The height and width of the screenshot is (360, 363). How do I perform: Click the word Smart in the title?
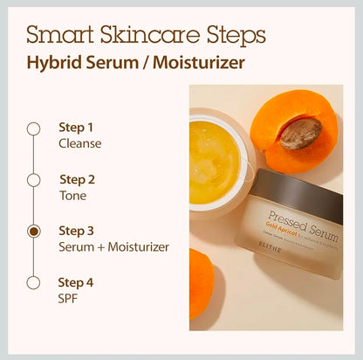57,35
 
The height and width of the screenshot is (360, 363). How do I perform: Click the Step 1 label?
76,127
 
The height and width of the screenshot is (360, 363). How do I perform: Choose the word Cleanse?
80,142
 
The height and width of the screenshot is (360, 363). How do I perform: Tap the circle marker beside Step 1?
33,128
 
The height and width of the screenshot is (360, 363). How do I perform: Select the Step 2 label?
77,179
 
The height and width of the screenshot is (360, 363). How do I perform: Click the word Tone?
72,195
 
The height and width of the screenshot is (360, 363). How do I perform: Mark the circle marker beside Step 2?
33,180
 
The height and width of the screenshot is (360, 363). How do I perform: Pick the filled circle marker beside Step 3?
33,232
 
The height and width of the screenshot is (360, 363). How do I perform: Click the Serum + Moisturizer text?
113,246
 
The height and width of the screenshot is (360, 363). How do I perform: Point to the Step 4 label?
76,282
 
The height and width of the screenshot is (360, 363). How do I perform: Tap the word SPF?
69,298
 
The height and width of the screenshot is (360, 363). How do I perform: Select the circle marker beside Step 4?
33,282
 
